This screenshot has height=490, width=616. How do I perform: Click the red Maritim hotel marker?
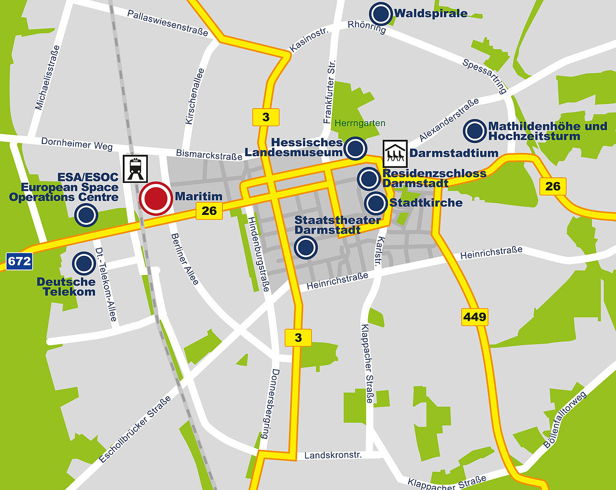click(x=156, y=198)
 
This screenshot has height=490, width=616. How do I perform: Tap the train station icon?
click(x=135, y=168)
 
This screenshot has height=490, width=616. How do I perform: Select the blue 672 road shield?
click(x=19, y=261)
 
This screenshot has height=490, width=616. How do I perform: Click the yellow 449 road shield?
click(x=474, y=316)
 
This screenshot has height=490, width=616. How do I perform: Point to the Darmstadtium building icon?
click(x=395, y=153)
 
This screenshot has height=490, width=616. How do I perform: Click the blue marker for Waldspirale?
click(x=381, y=14)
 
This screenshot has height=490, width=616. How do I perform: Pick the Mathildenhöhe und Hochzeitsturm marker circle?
click(x=474, y=131)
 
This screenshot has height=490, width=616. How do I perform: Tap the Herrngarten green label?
click(x=360, y=123)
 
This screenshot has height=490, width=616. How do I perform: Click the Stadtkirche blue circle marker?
click(x=376, y=203)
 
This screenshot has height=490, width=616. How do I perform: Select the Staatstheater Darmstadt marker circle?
click(x=306, y=247)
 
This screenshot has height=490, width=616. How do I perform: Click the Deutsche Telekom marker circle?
click(x=84, y=263)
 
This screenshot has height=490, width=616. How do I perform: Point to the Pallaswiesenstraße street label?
click(x=167, y=23)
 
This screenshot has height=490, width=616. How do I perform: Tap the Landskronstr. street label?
click(x=333, y=455)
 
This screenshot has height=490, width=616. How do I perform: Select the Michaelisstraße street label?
click(x=48, y=78)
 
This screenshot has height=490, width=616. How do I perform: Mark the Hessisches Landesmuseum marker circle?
click(x=355, y=148)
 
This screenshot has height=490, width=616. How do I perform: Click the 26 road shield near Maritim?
click(x=209, y=211)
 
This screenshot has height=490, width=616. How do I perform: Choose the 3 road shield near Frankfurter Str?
click(x=266, y=117)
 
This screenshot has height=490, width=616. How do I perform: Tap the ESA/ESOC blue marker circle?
click(x=86, y=215)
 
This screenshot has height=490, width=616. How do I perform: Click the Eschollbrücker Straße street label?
click(x=135, y=429)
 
